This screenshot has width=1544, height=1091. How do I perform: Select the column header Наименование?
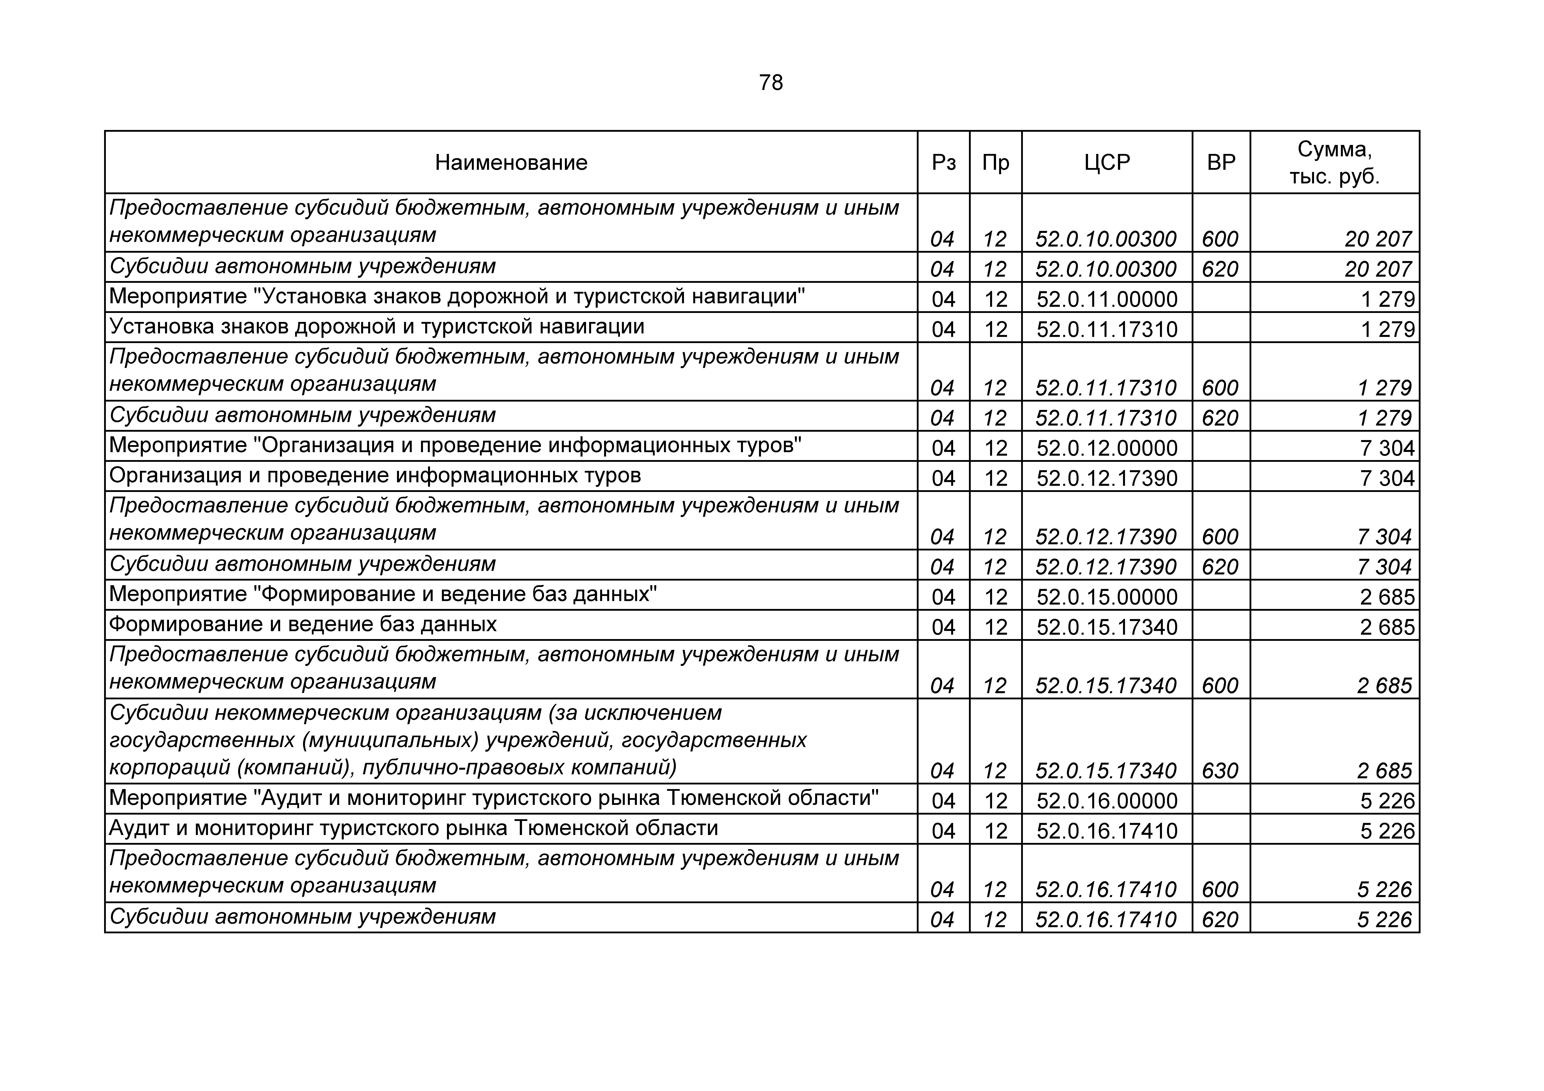click(511, 163)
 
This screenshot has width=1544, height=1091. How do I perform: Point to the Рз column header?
click(943, 163)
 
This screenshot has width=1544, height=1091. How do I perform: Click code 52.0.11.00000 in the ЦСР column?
click(1107, 299)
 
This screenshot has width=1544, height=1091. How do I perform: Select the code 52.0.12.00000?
click(1107, 448)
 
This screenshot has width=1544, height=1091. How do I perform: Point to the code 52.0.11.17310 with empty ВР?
click(1107, 329)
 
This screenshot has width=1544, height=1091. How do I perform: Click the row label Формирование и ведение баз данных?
click(303, 625)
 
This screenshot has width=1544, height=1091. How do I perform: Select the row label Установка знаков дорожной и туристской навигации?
click(377, 327)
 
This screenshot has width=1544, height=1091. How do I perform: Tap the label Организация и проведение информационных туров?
click(375, 476)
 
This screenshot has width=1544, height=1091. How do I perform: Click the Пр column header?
click(995, 163)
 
